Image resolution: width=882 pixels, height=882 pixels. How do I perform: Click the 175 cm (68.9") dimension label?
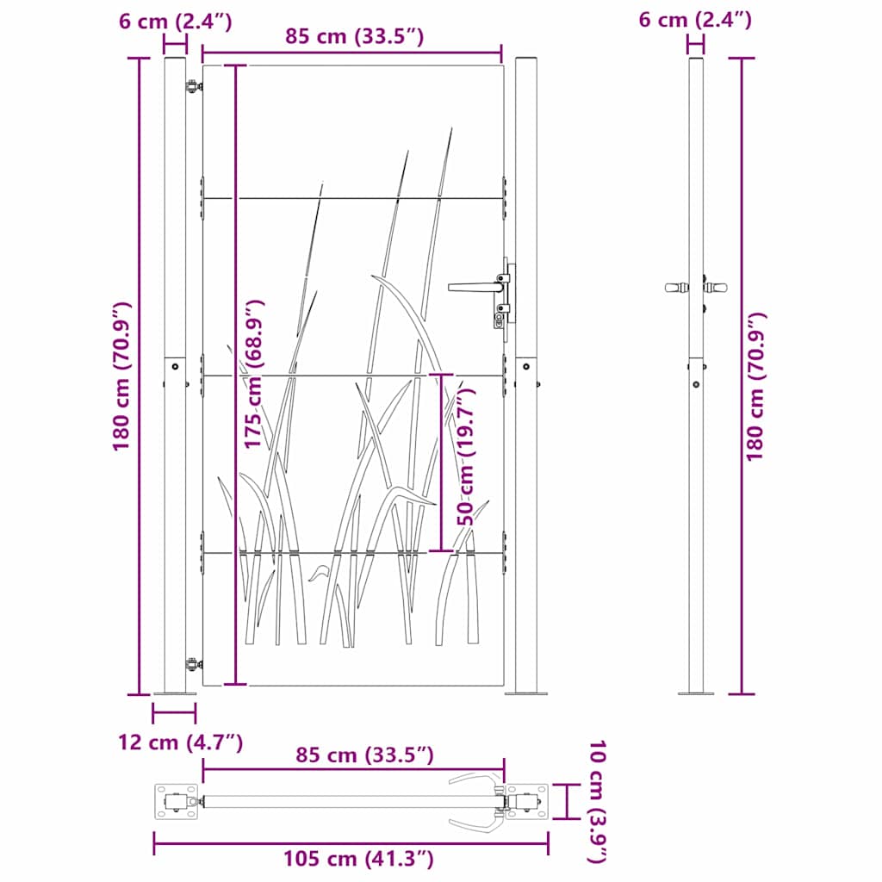click(253, 375)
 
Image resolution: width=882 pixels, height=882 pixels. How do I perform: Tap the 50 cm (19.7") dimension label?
click(466, 457)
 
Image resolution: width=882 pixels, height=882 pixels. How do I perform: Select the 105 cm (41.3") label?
click(358, 859)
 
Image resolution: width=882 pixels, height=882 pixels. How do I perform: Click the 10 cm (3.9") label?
click(597, 801)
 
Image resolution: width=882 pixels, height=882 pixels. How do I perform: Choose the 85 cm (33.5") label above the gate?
click(355, 36)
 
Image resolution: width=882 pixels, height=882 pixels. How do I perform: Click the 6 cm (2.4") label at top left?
click(176, 22)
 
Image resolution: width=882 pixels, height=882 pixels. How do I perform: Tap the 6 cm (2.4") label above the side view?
click(695, 19)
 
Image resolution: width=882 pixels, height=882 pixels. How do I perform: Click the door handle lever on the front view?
click(469, 286)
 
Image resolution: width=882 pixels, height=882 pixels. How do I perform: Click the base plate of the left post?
click(175, 693)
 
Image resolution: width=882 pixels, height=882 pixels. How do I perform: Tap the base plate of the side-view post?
click(695, 693)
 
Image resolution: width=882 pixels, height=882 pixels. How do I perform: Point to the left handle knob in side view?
click(674, 286)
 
